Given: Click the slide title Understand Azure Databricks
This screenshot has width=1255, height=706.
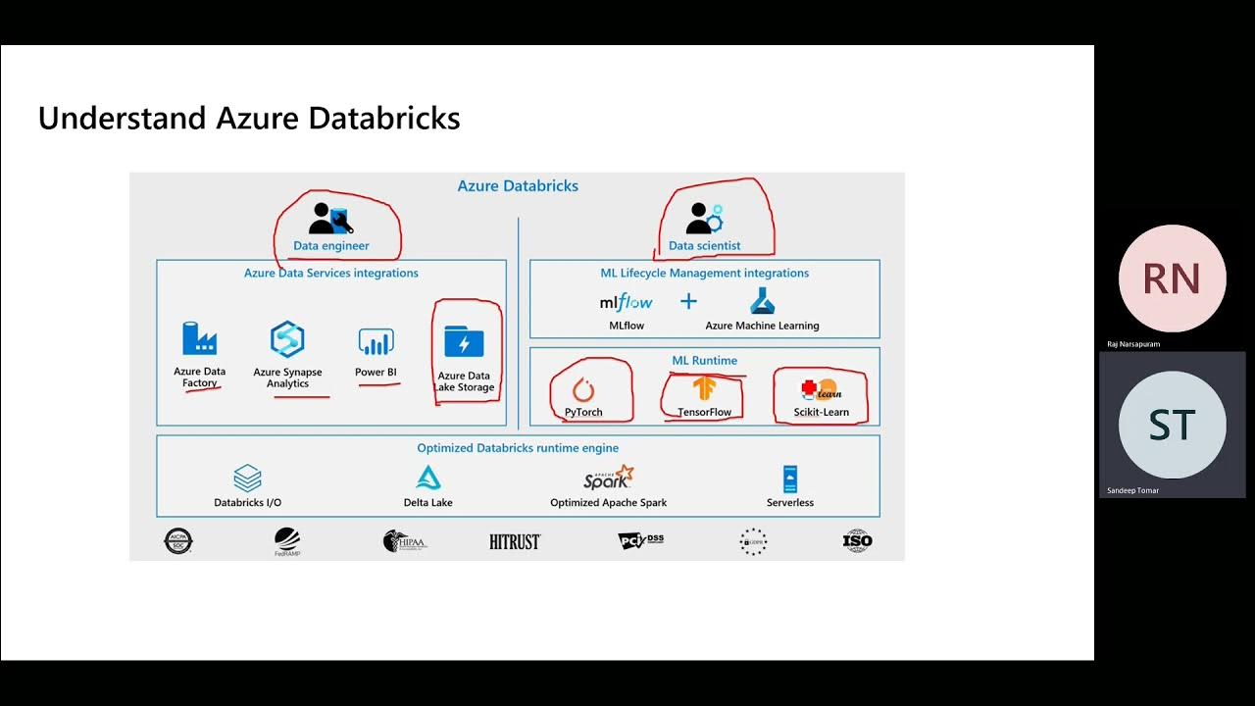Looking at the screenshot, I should [249, 119].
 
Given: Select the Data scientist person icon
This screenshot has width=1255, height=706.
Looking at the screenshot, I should [703, 218].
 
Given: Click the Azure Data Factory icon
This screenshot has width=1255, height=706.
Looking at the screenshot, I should [199, 339].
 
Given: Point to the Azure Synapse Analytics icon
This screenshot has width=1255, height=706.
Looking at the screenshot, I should [287, 339].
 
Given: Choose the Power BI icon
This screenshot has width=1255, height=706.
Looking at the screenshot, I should [376, 341].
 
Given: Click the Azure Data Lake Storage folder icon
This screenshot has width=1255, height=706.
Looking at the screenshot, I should [464, 342].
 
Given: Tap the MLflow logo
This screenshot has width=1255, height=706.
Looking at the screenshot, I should [626, 302].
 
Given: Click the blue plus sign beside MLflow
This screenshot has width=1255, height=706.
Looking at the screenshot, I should [688, 301].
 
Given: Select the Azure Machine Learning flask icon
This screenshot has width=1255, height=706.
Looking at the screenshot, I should [762, 300].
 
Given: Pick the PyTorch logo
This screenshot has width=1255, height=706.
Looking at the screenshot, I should [583, 390].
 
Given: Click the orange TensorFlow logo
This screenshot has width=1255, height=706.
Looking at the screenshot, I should [704, 389].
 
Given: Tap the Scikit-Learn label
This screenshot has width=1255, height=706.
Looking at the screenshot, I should [821, 412].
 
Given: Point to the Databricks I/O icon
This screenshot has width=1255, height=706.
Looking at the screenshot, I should [247, 479].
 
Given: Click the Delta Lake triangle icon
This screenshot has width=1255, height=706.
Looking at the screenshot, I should [428, 479].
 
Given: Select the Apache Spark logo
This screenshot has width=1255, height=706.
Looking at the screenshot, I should [608, 478].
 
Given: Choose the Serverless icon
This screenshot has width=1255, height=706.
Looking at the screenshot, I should [789, 479].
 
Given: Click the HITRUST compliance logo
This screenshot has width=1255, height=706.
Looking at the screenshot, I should [515, 541].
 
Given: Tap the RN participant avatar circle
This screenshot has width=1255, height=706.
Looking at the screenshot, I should [1172, 278].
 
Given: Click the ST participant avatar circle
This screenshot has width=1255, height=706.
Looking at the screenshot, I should [1172, 425].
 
